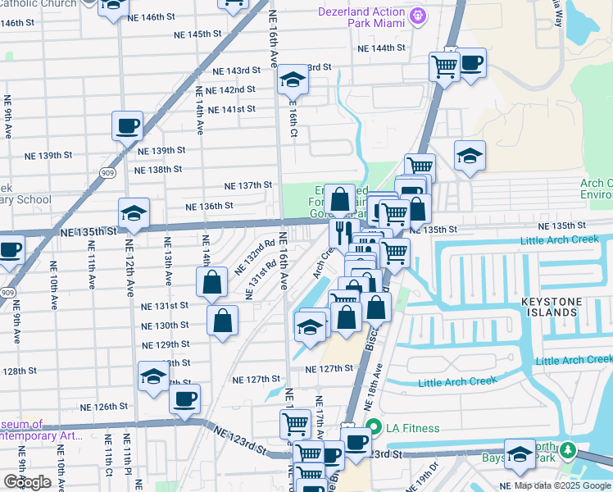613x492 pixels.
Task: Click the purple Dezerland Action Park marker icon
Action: tap(418, 15)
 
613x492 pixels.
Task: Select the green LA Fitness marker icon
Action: tap(374, 427)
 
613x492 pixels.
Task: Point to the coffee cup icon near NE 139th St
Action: tap(128, 126)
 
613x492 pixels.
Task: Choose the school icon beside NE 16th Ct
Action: tap(292, 80)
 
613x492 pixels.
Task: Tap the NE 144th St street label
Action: tap(382, 48)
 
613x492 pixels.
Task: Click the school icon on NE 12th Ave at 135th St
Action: tap(134, 213)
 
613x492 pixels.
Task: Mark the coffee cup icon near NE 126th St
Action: tap(184, 399)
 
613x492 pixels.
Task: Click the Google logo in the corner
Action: tap(27, 482)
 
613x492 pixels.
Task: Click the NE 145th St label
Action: tap(198, 34)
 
